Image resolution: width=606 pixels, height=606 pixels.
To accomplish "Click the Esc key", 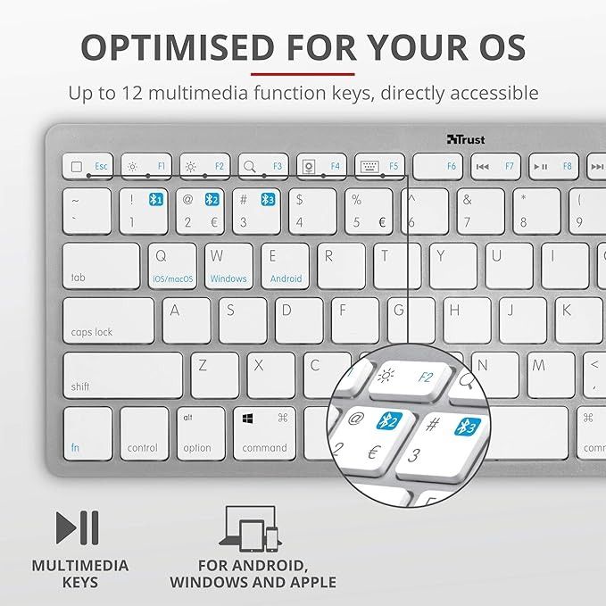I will coord(87,166).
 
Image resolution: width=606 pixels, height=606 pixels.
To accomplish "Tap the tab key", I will coord(101,265).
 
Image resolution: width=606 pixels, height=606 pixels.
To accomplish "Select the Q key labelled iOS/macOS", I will coord(172,265).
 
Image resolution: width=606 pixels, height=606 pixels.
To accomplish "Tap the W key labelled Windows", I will coord(228,265).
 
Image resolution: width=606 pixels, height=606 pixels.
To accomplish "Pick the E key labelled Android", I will coord(286,265).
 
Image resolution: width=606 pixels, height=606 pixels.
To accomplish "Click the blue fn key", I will coord(87,434).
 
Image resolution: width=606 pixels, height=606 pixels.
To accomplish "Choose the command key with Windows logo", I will coord(265,434).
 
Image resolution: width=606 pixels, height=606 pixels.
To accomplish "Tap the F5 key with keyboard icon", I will coord(380,166).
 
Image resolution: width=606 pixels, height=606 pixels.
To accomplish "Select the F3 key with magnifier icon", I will coord(263,166).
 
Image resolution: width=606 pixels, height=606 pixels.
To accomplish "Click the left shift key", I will coord(122,375).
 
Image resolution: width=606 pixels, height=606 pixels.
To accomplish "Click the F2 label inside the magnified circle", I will coord(426,378).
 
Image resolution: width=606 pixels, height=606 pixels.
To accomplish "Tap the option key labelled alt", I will coord(201,434).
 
